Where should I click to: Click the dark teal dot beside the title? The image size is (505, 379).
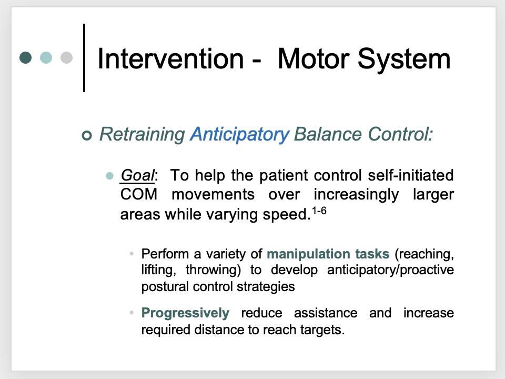[25, 58]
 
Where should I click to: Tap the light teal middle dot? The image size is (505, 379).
[46, 58]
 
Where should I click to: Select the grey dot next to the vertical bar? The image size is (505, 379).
[66, 58]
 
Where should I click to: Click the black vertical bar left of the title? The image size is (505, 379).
[84, 58]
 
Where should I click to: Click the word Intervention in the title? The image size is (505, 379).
[170, 58]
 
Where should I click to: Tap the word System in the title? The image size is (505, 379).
[404, 59]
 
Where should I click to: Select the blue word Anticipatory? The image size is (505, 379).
[240, 134]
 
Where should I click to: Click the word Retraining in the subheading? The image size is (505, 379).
[142, 134]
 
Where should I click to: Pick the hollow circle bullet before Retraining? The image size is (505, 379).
[87, 135]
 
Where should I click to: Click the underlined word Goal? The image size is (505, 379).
[137, 176]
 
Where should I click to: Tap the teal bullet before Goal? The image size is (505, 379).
[109, 176]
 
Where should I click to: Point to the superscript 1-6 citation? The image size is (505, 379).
[319, 211]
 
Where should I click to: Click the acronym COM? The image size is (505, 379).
[139, 195]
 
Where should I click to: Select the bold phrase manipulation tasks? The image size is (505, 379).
[328, 254]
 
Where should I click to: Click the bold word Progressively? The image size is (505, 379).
[185, 313]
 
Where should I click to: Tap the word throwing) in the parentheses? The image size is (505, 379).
[213, 270]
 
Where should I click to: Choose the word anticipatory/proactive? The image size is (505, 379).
[390, 270]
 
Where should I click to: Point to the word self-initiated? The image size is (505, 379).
[411, 175]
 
